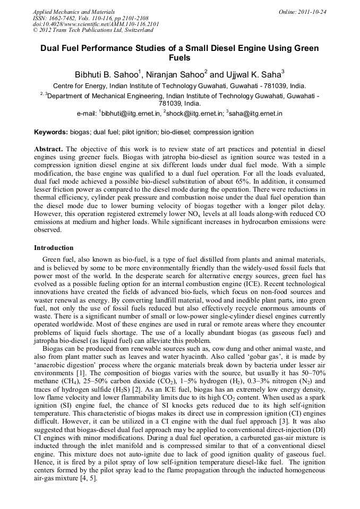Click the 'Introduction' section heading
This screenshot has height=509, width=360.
tap(54, 248)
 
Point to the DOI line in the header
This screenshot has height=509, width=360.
tap(96, 24)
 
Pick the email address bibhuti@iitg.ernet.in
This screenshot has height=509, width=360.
tap(131, 114)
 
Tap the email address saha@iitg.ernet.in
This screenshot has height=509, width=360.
tap(255, 114)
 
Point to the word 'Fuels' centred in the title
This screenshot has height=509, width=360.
tap(179, 58)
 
